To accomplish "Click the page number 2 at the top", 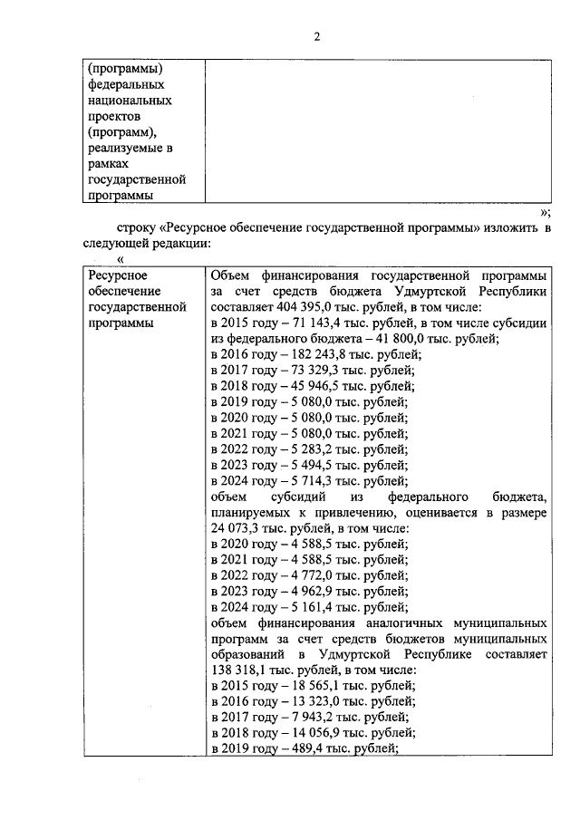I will (316, 37).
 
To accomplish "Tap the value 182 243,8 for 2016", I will (312, 354).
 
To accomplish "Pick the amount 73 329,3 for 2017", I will (308, 371).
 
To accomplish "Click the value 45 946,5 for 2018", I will (308, 386).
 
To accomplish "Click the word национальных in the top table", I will (129, 101).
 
